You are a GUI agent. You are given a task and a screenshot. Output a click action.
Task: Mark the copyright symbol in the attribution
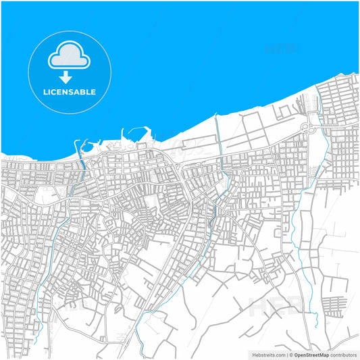coord(292,354)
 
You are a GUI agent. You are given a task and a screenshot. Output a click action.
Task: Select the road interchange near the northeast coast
coord(307,126)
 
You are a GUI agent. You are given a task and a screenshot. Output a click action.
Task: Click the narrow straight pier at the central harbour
coord(124,135)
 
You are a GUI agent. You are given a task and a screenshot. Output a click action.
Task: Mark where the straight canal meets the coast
coord(216,117)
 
